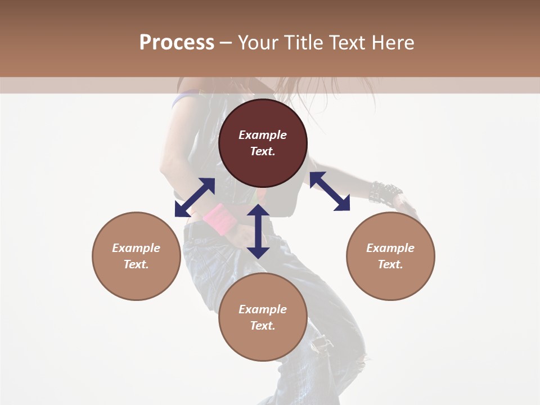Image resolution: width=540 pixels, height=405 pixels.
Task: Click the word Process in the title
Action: tap(177, 43)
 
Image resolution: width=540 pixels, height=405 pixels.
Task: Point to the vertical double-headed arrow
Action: tap(258, 231)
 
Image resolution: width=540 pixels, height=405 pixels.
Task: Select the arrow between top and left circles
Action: tap(195, 197)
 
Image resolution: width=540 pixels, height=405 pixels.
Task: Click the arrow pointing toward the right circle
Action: tap(330, 191)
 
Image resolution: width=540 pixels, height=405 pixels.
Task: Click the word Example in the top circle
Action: tap(263, 135)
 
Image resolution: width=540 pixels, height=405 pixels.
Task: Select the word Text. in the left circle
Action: tap(136, 264)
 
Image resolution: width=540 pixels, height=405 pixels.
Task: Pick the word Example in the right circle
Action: tap(390, 248)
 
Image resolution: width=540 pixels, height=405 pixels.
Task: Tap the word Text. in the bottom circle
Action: tap(263, 326)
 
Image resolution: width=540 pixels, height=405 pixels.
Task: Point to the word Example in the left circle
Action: tap(136, 248)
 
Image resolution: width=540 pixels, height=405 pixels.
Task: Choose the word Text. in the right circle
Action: tap(390, 264)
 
